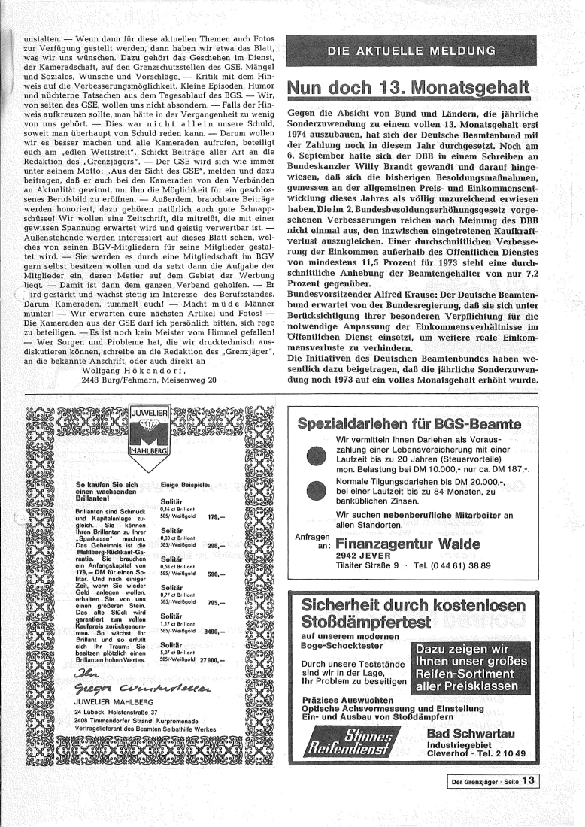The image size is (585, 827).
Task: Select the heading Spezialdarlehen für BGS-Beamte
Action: [x=409, y=424]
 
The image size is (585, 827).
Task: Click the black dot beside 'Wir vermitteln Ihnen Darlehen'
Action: [x=315, y=459]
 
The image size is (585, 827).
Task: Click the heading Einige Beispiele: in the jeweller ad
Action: [x=184, y=486]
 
